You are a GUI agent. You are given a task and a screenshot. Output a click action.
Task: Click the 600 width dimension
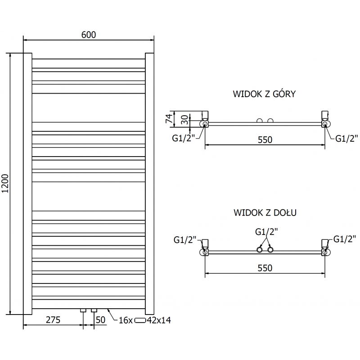(89, 35)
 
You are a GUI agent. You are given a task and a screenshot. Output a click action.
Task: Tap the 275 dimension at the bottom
(53, 320)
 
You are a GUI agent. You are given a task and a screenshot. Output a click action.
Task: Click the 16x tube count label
(126, 320)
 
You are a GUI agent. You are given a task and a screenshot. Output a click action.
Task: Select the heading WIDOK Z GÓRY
(264, 94)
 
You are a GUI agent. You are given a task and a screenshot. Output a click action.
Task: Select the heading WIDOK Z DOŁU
(265, 212)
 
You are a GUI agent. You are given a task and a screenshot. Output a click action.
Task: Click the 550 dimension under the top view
(265, 139)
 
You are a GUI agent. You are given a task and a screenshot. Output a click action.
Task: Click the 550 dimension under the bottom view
(265, 268)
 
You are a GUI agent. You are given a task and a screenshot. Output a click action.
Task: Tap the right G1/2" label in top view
(346, 138)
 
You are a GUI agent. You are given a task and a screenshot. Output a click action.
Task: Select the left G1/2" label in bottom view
(185, 240)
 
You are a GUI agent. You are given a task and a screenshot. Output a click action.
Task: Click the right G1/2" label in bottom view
(345, 238)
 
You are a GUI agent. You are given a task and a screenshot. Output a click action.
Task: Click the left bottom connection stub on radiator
(83, 310)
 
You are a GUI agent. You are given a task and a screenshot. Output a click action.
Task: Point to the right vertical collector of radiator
(149, 183)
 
